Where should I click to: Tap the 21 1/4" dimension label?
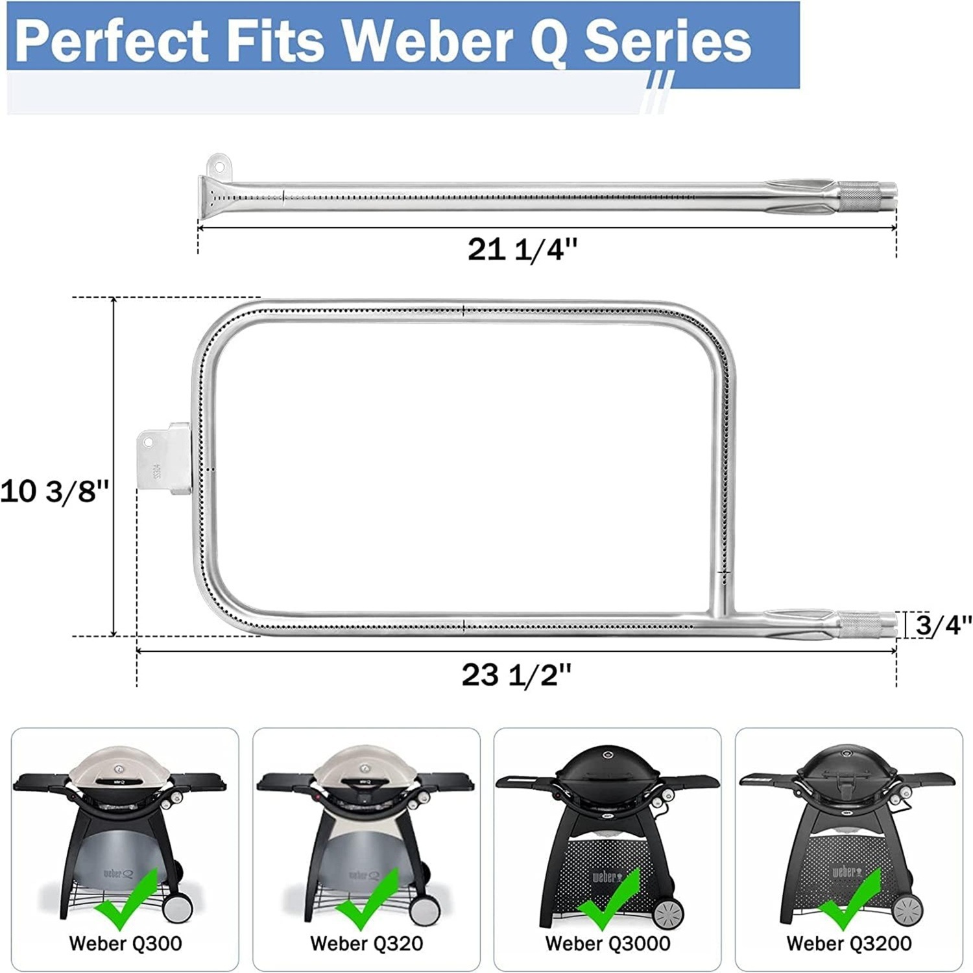coord(522,249)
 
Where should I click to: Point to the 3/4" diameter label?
coord(943,625)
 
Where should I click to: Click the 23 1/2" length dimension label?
coord(516,675)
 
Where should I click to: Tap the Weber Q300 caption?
coord(125,943)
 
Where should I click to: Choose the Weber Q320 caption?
coord(366,943)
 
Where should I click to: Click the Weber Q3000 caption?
coord(608,943)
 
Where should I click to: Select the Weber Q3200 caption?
coord(849,943)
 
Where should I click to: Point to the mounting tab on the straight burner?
coord(218,165)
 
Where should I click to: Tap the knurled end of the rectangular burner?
coord(859,625)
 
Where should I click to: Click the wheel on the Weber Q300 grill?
coord(176,907)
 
